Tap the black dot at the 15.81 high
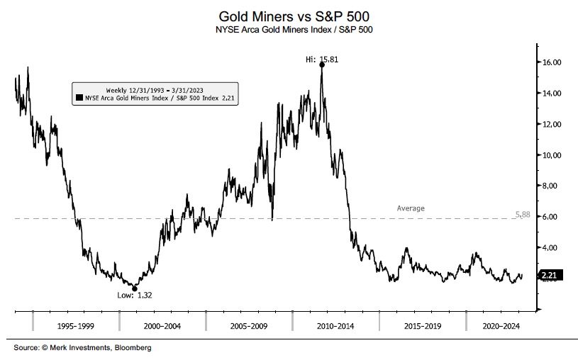322,64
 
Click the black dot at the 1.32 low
135,288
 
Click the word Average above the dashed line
411,208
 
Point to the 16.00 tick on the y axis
552,62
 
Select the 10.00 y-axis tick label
552,155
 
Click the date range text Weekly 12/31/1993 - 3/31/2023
155,90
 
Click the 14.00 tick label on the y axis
552,94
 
